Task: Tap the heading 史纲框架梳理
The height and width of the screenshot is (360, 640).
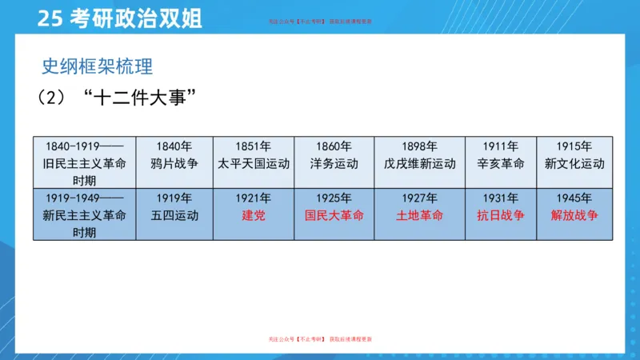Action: click(x=97, y=66)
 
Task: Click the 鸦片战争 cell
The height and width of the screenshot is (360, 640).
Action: click(x=174, y=163)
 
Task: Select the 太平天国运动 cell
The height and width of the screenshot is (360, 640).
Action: click(x=254, y=163)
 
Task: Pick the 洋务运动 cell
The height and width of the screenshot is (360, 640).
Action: click(x=334, y=163)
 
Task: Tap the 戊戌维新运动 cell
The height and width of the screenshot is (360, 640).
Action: click(x=419, y=163)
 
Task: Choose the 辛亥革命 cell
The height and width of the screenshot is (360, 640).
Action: click(x=500, y=163)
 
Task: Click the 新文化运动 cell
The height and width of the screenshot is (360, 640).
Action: click(x=574, y=163)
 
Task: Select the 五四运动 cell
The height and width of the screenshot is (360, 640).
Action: click(x=174, y=215)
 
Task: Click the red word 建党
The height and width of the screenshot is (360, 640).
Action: click(x=254, y=215)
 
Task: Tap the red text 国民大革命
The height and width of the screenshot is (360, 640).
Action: click(x=334, y=215)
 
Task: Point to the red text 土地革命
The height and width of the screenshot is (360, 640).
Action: click(x=419, y=215)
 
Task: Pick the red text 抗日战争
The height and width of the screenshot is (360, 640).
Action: click(x=500, y=215)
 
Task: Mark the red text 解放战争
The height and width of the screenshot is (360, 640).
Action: click(x=574, y=215)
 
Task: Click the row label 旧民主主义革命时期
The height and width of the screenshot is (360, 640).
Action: click(x=84, y=163)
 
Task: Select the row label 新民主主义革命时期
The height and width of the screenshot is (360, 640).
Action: click(x=84, y=215)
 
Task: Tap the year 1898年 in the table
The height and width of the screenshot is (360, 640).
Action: click(x=419, y=146)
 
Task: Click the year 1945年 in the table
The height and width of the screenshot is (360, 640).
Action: click(x=574, y=198)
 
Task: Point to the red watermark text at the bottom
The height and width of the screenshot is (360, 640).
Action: click(x=320, y=339)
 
